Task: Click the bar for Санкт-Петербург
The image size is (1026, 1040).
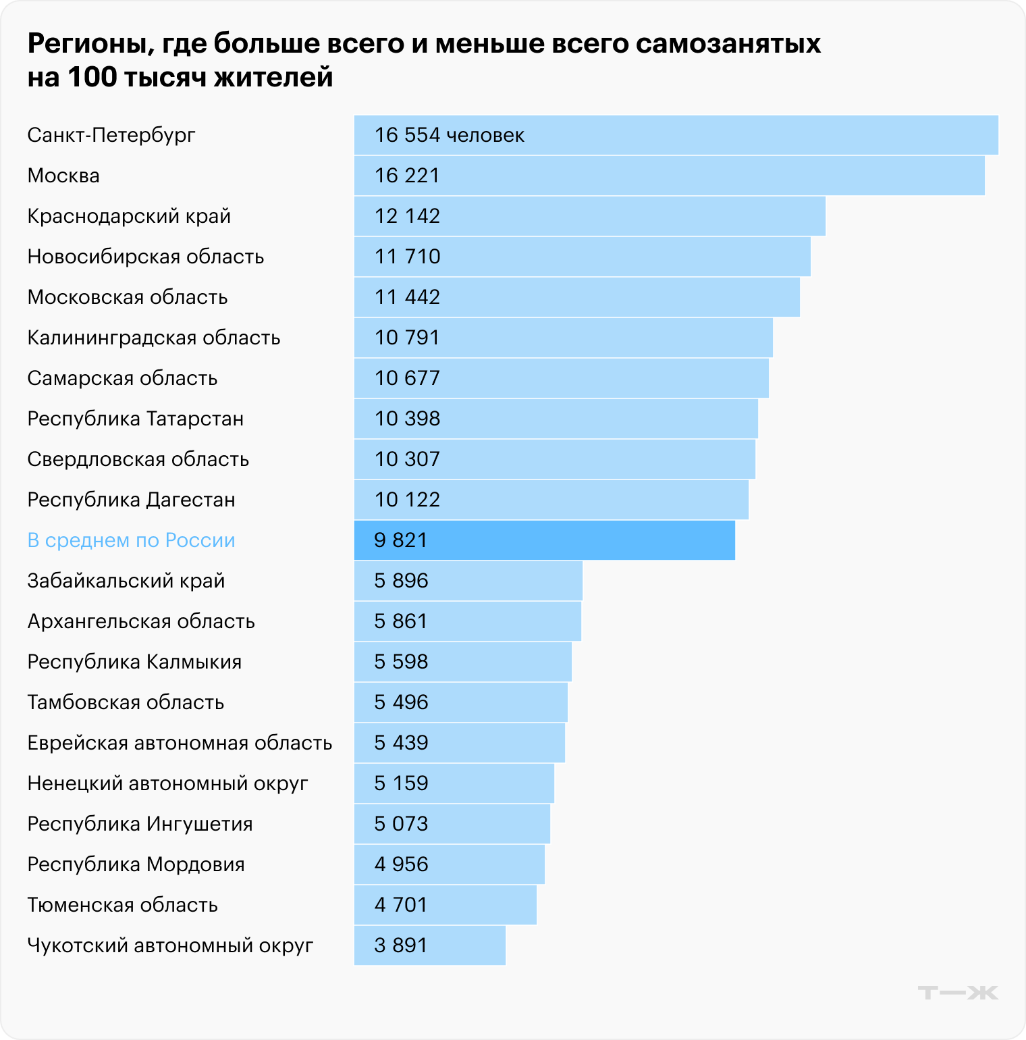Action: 676,135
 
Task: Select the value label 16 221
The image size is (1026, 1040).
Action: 407,176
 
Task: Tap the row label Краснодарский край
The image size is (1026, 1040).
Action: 129,216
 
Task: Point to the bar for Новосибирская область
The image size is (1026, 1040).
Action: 582,257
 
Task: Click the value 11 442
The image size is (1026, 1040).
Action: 407,297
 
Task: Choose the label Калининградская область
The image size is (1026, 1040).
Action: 153,338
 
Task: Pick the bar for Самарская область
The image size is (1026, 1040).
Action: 561,378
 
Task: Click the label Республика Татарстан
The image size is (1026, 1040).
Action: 135,419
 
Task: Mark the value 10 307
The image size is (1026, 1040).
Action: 407,459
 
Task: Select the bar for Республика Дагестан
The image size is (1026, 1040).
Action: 551,500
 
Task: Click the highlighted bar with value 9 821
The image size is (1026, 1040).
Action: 544,540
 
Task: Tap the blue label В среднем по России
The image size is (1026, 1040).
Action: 131,540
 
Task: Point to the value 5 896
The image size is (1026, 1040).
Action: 401,581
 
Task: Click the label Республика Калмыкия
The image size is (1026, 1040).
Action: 134,662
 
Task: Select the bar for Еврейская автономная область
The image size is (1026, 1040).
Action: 459,743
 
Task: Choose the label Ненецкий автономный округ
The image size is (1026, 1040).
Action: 167,783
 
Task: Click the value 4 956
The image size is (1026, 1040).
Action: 401,864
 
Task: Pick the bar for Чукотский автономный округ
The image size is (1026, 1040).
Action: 429,945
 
